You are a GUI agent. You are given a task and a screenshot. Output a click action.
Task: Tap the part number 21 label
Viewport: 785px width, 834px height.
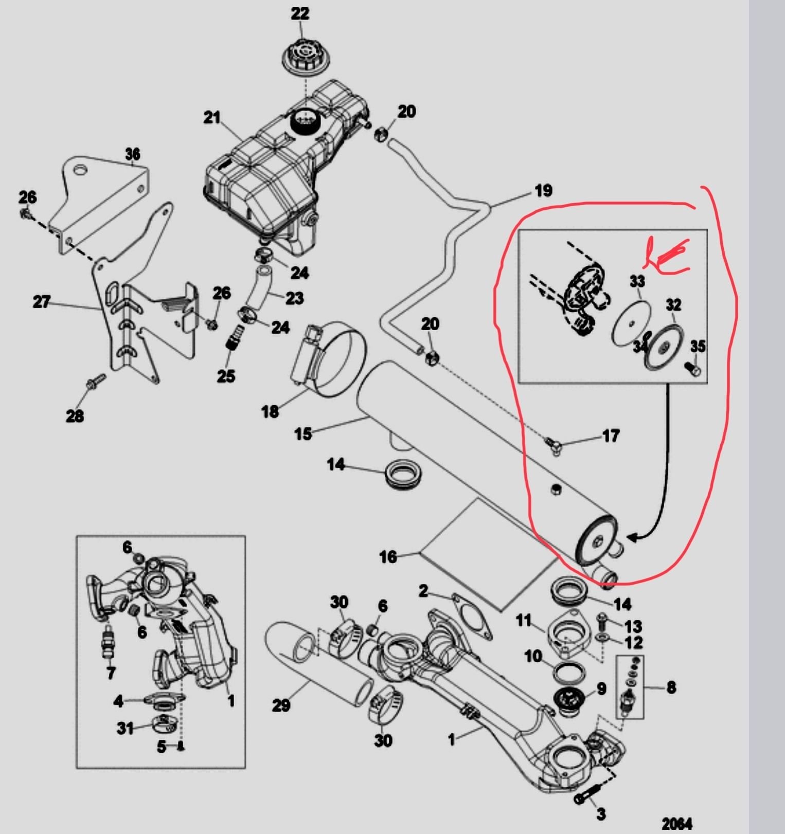211,118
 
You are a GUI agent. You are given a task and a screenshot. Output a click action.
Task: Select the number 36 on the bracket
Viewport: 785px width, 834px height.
133,154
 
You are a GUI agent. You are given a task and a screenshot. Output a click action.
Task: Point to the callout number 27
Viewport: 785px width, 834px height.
41,302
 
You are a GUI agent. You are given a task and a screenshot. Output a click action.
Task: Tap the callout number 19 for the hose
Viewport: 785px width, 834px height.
543,191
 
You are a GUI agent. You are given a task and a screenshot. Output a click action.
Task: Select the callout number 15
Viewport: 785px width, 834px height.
303,434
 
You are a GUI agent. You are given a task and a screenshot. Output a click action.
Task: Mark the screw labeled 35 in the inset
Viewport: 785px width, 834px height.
693,368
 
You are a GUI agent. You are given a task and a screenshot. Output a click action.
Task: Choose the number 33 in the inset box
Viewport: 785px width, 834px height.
637,281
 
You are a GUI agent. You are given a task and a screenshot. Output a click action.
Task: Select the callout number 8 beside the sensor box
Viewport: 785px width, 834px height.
671,687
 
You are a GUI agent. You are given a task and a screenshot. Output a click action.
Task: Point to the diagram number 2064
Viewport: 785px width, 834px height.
677,824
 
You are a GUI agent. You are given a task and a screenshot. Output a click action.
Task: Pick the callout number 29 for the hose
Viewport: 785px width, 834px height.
281,705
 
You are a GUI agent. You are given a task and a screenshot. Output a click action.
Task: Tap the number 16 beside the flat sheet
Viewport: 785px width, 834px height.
388,556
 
